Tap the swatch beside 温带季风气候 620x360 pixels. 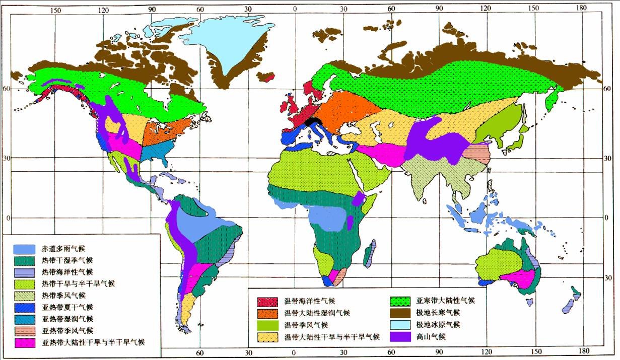click(x=269, y=325)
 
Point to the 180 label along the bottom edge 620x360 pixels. click(x=584, y=350)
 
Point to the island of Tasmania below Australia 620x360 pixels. click(x=529, y=302)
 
